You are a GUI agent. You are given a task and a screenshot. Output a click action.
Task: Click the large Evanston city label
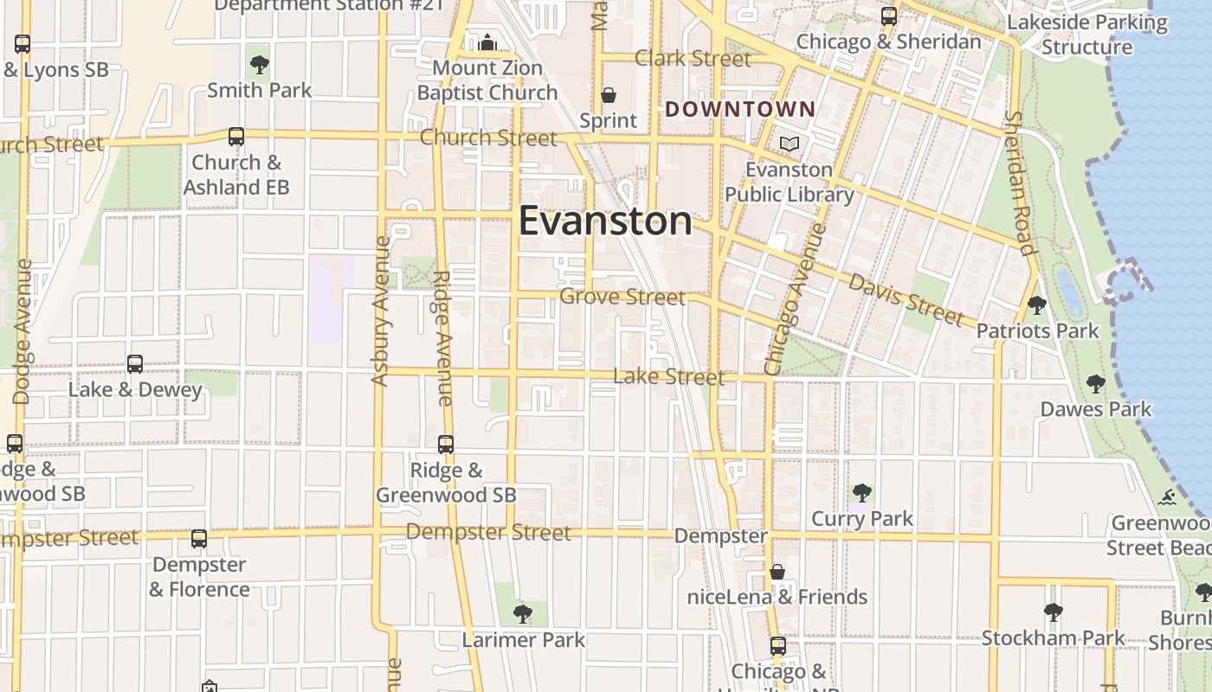tap(605, 221)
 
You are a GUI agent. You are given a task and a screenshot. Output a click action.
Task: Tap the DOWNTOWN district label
tap(740, 109)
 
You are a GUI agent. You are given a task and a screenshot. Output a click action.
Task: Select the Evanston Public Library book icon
tap(789, 144)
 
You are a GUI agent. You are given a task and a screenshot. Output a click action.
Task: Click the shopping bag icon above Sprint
tap(609, 94)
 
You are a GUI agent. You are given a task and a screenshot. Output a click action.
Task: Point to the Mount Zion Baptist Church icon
tap(487, 42)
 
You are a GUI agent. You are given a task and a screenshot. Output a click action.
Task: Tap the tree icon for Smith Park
tap(259, 63)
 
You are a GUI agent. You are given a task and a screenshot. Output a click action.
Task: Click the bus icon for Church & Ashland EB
tap(235, 137)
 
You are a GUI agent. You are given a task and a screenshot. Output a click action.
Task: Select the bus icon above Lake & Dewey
tap(135, 364)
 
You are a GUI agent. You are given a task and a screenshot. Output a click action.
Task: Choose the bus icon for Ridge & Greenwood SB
tap(446, 445)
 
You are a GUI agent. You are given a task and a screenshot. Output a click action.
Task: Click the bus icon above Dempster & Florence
tap(199, 539)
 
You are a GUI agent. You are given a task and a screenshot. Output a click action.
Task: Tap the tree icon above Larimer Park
tap(522, 614)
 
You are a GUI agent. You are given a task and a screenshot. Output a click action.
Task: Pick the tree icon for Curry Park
tap(861, 493)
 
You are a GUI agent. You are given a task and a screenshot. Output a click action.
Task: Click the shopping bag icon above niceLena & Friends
tap(777, 572)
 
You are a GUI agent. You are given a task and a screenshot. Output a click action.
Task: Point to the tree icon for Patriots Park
tap(1036, 305)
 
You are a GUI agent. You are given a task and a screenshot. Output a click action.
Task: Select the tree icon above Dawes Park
tap(1096, 383)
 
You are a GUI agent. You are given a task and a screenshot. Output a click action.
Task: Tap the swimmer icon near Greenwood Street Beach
tap(1168, 497)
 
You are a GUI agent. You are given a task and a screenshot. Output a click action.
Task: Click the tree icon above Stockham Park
tap(1053, 612)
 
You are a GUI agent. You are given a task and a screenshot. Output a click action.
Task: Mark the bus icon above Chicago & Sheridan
tap(889, 16)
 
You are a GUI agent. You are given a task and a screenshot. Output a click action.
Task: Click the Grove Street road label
tap(622, 297)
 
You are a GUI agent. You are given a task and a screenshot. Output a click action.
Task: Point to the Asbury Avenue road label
tap(381, 311)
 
